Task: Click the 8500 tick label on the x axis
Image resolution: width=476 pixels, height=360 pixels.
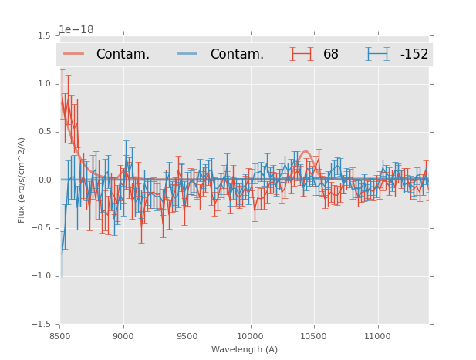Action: point(60,336)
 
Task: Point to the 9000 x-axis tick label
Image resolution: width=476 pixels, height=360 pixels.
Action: point(123,336)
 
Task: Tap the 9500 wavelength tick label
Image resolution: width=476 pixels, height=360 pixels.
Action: point(187,336)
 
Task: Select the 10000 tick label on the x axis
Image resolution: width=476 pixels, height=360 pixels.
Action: point(250,336)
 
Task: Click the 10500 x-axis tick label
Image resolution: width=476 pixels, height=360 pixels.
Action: point(313,336)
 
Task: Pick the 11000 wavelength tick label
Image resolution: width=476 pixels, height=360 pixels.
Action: point(377,336)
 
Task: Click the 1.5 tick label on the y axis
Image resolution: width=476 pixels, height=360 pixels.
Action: point(44,36)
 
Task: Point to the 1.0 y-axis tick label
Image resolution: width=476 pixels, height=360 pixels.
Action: point(44,84)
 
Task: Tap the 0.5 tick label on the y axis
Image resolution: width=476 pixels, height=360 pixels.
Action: point(44,132)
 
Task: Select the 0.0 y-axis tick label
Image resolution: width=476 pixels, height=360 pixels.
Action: point(44,180)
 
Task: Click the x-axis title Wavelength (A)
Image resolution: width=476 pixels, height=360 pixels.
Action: point(245,349)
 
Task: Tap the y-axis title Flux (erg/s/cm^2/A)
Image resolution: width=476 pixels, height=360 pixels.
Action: point(22,180)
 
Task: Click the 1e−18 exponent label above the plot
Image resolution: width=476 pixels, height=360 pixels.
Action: point(76,30)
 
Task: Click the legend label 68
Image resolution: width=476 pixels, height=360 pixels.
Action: point(331,54)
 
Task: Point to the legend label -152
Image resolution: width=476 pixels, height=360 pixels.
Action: point(414,54)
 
